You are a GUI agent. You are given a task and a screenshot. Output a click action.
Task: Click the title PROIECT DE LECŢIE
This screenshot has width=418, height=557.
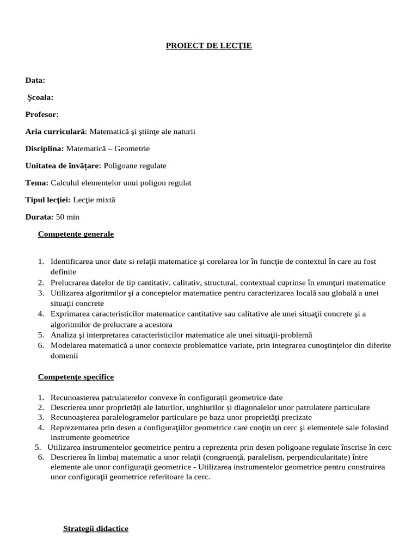click(x=209, y=46)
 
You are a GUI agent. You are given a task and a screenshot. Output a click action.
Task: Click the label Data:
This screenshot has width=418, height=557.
click(x=35, y=81)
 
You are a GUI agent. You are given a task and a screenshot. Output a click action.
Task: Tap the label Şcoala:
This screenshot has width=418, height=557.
click(x=40, y=97)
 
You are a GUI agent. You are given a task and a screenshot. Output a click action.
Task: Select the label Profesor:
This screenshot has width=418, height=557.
click(x=42, y=114)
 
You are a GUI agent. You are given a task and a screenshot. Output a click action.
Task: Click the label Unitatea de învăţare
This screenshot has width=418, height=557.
click(x=63, y=165)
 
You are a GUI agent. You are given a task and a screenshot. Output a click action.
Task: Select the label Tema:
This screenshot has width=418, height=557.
click(x=37, y=183)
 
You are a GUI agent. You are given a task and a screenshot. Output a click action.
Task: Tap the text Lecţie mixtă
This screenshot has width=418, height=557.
click(x=94, y=200)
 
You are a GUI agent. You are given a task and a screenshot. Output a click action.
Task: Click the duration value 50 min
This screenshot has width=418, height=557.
click(x=67, y=217)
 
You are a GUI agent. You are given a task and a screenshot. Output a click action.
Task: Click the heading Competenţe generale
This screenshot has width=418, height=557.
click(x=76, y=234)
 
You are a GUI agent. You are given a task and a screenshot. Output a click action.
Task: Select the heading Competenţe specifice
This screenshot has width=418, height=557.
click(x=76, y=376)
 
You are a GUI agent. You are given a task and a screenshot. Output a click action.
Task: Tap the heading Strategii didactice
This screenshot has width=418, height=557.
click(x=96, y=528)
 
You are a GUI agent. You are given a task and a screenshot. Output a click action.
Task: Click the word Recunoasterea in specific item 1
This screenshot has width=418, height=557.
click(x=75, y=398)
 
